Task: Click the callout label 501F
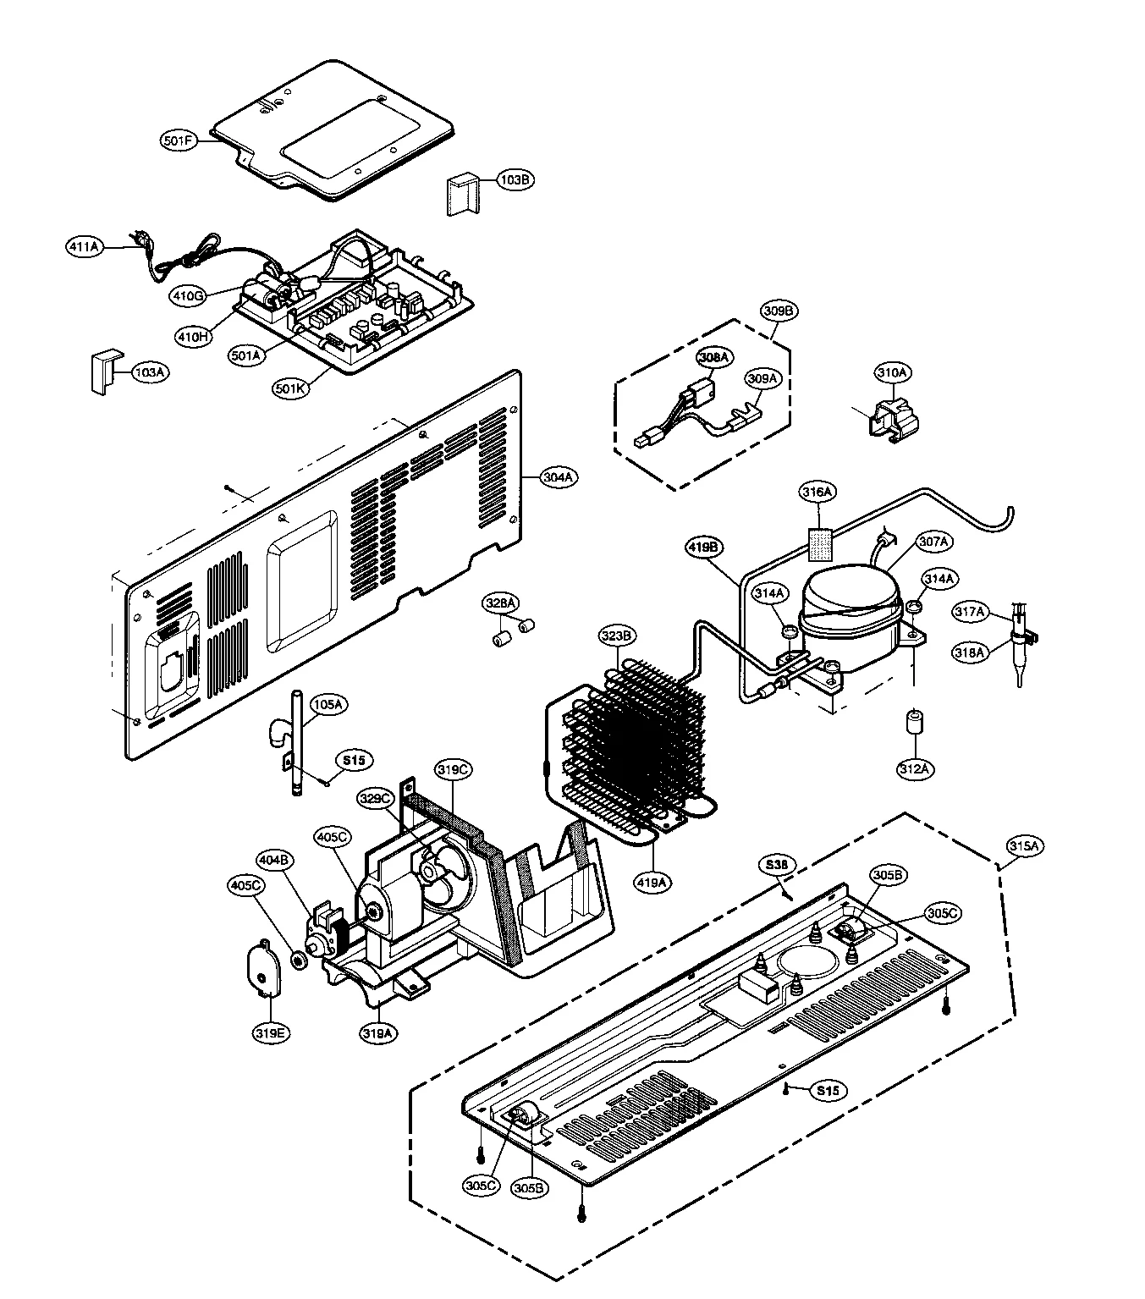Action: pos(179,141)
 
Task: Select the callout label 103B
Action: pos(515,180)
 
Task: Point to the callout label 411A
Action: pos(84,246)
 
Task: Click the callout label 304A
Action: pos(559,477)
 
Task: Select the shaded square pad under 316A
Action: pos(817,543)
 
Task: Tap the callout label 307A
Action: pos(933,541)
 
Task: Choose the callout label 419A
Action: pos(652,882)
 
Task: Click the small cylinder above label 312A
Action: pos(914,724)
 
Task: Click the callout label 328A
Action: pos(499,603)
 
